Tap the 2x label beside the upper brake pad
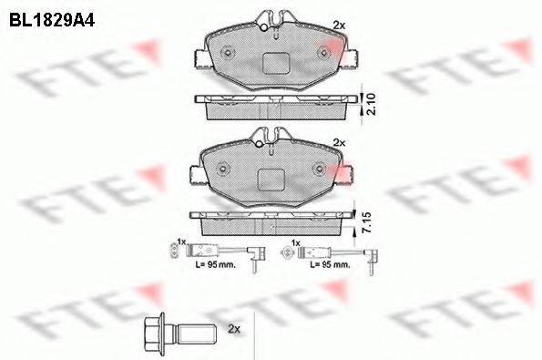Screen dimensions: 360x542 [340, 25]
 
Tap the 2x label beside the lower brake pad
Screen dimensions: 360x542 [340, 143]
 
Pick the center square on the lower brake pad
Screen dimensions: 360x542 [271, 180]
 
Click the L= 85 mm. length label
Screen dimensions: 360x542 [329, 264]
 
